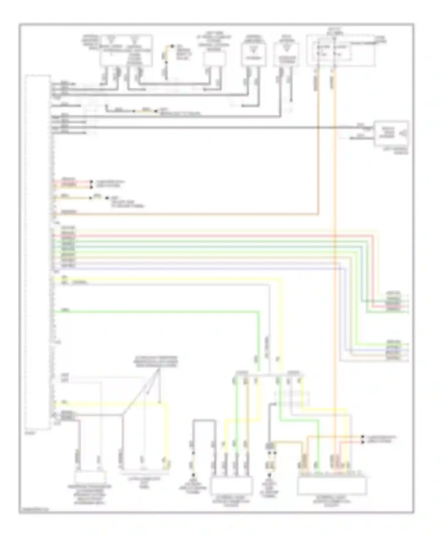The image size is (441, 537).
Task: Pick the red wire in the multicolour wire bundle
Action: click(206, 235)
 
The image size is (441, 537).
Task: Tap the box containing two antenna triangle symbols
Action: click(126, 50)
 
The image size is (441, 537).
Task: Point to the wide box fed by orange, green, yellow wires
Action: click(332, 485)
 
